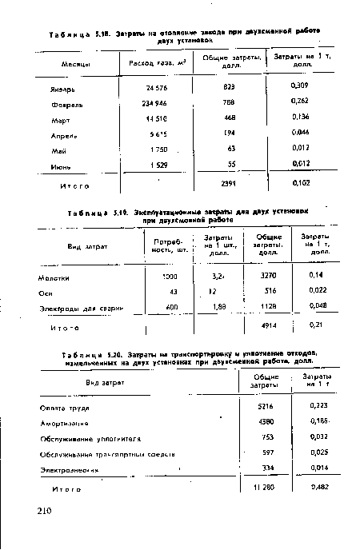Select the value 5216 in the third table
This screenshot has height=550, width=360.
tap(256, 406)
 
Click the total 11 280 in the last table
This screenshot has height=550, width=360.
tap(254, 488)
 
